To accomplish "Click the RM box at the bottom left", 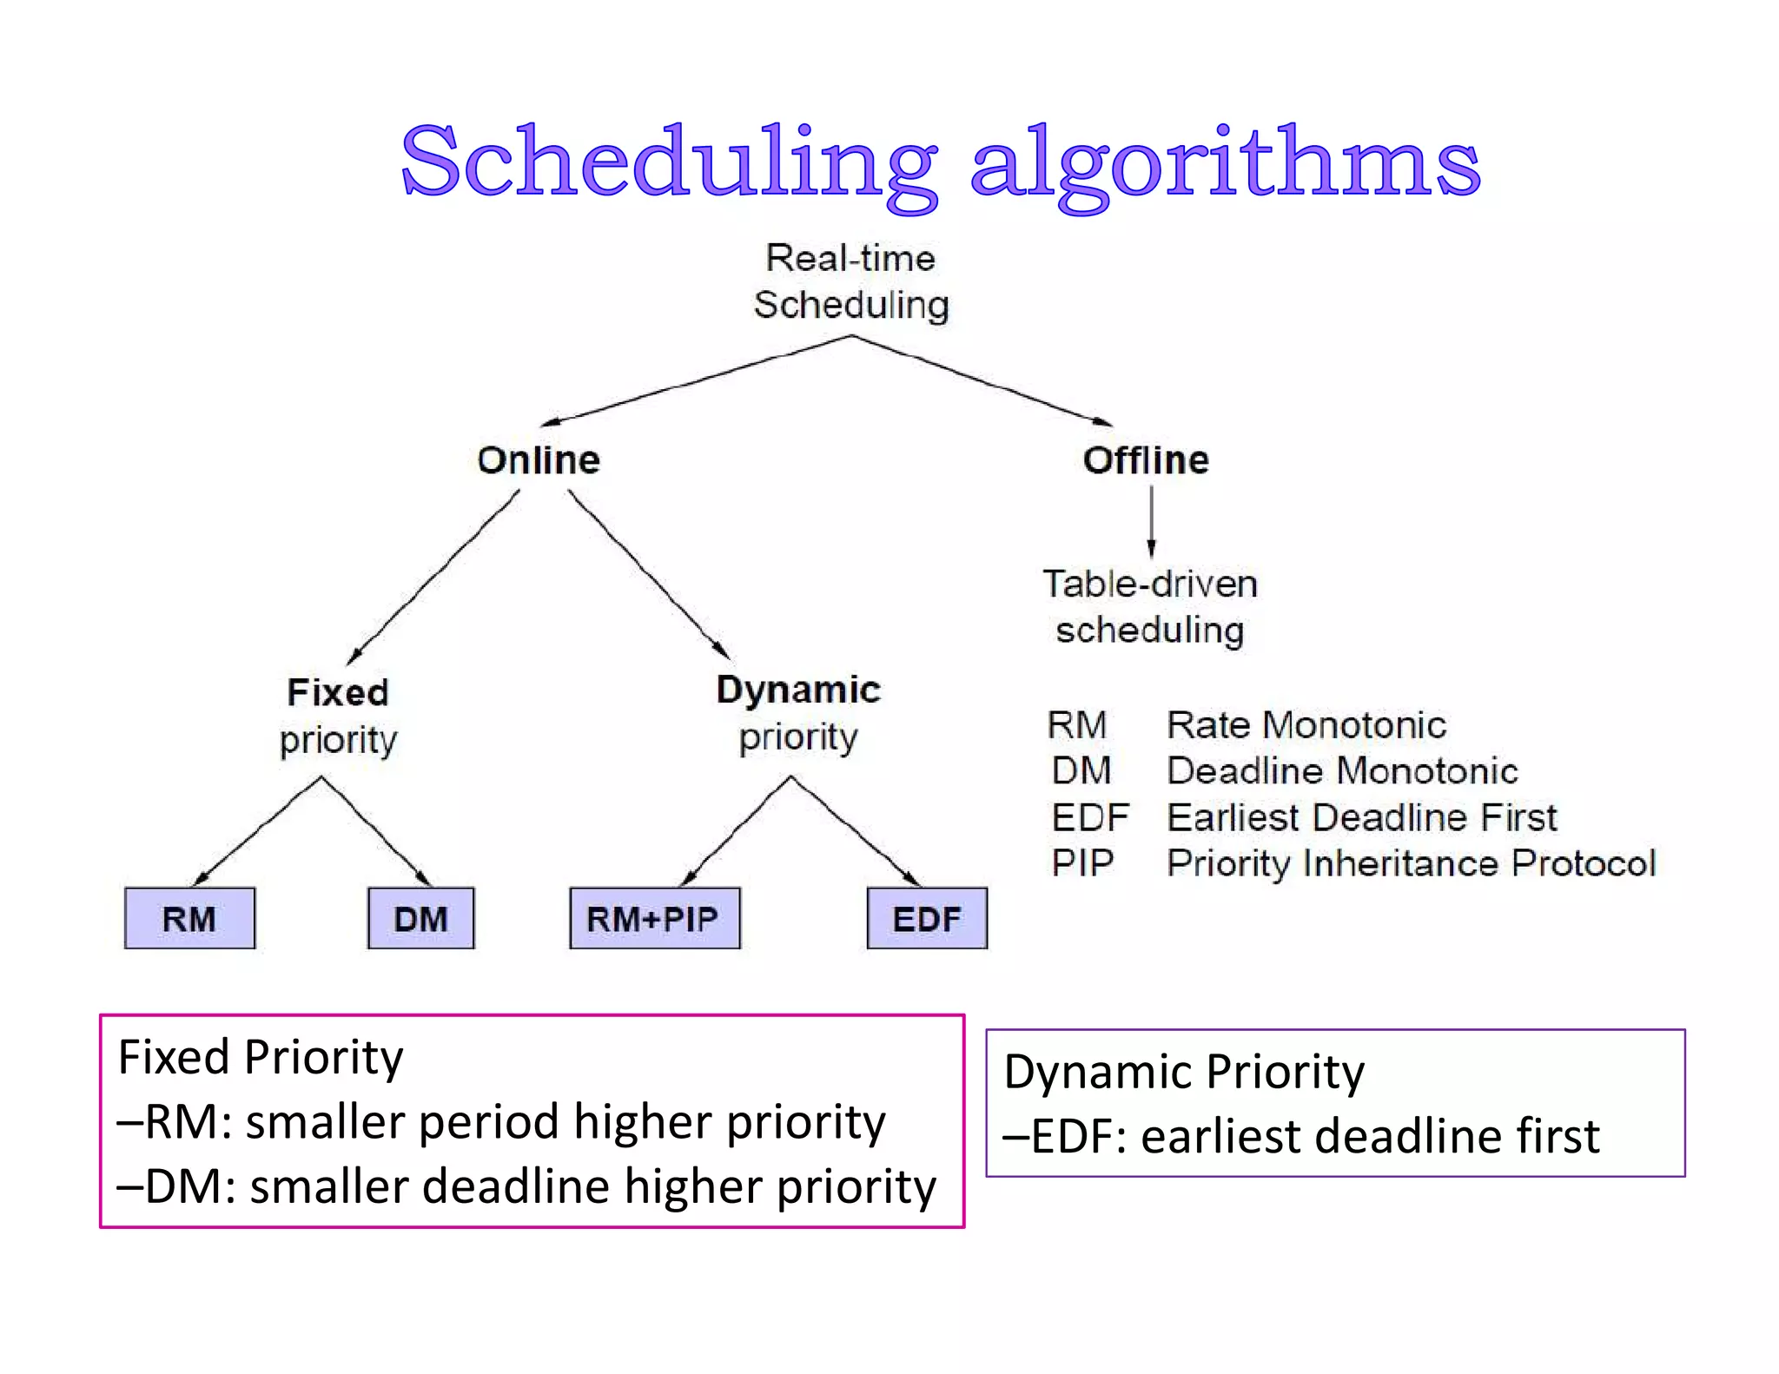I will (189, 918).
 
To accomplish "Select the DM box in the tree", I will (420, 918).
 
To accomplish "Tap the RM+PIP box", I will (654, 918).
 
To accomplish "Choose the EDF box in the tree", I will (927, 918).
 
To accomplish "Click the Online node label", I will (539, 460).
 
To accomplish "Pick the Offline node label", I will (1146, 460).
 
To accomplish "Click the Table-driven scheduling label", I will (1150, 607).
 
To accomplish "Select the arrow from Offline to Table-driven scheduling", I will (1152, 521).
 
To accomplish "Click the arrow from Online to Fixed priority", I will (434, 577).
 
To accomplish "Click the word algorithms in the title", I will (1225, 163).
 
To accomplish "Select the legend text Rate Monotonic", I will (1306, 725).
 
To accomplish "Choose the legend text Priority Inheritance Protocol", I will (1411, 863).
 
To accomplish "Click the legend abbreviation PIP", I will (1082, 863).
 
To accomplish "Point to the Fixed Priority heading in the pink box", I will (261, 1057).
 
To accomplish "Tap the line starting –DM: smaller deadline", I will (526, 1186).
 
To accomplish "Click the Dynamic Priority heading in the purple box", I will (1184, 1071).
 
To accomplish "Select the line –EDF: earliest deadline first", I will (1300, 1136).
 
